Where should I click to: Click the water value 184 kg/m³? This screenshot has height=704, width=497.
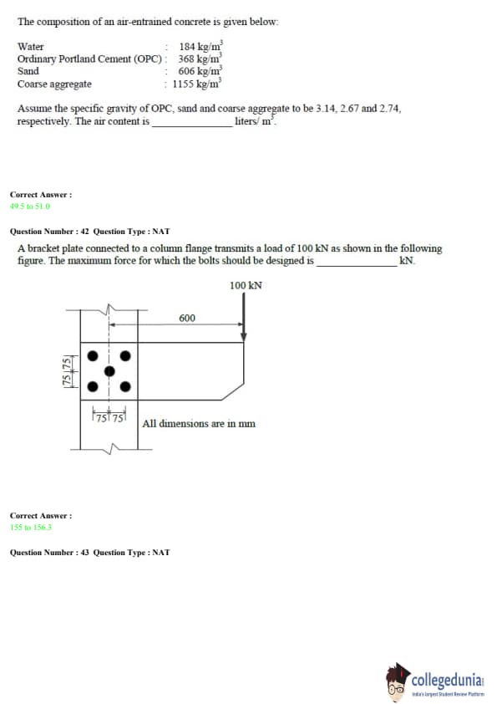point(201,46)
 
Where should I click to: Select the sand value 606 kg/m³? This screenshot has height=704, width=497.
point(200,70)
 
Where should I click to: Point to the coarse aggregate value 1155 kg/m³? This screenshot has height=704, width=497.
point(197,83)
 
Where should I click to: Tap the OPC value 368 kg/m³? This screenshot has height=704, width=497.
point(200,59)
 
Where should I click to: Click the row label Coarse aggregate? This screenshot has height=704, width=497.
point(54,84)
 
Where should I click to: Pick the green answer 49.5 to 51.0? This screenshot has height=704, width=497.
point(30,206)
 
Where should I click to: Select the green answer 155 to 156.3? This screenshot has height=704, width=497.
point(31,527)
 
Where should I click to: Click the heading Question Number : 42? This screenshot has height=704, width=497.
point(49,232)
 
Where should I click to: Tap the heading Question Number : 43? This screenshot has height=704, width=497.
point(49,553)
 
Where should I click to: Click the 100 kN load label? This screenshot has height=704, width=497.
point(246,286)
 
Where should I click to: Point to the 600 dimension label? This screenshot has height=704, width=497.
point(187,318)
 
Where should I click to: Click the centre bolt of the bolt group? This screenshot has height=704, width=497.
point(109,371)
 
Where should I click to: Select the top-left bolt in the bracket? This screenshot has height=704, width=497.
point(93,356)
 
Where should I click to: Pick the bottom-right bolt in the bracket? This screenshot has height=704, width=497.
point(125,386)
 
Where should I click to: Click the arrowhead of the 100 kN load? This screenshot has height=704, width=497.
point(244,337)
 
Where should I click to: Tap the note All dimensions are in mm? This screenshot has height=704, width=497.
point(199,423)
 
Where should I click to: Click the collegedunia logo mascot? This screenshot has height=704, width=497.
point(397,682)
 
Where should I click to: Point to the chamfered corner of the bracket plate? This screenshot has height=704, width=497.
point(233,391)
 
